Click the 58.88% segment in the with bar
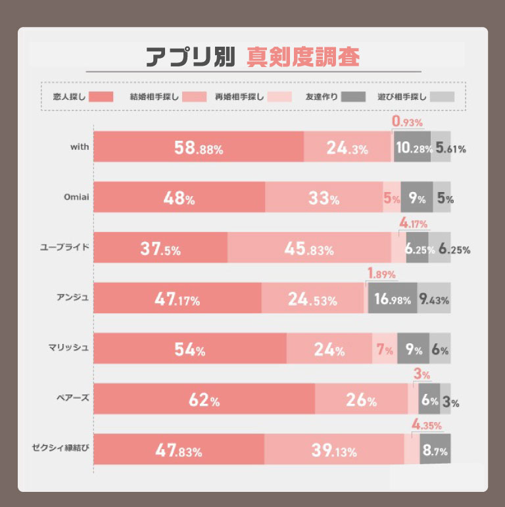198,147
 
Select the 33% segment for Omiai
324,197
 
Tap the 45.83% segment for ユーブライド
309,248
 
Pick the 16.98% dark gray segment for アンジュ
392,299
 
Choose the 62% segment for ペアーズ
204,399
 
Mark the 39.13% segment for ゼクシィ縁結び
333,450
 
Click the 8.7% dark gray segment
435,450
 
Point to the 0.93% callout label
408,122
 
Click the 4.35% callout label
427,425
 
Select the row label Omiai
76,197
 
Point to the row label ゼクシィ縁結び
60,449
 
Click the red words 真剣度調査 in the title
303,57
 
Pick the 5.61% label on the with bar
451,148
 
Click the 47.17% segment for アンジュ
178,299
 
